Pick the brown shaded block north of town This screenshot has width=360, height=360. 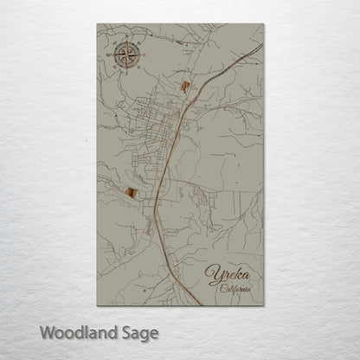184,85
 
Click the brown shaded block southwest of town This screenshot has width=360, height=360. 129,193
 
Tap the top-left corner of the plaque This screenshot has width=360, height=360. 98,23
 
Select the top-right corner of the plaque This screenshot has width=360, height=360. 263,23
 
